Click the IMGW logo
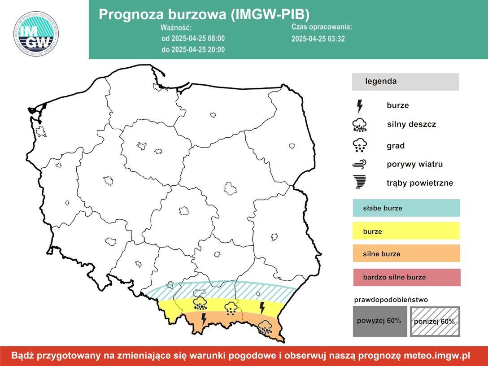click(36, 34)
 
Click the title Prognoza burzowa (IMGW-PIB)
click(204, 14)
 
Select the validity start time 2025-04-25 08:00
click(193, 39)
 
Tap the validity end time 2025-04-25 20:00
click(193, 49)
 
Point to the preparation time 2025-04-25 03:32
click(318, 39)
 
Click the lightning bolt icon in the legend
click(359, 106)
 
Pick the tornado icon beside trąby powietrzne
click(359, 182)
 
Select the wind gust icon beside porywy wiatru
click(359, 164)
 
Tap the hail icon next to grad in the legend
click(359, 145)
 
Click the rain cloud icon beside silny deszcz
click(359, 125)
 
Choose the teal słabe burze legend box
click(406, 208)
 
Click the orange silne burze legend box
click(406, 254)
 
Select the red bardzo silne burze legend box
click(406, 277)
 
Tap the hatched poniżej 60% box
click(435, 321)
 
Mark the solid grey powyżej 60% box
click(380, 321)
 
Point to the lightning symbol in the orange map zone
click(204, 319)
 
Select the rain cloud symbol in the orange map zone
click(265, 327)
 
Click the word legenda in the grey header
click(381, 82)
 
